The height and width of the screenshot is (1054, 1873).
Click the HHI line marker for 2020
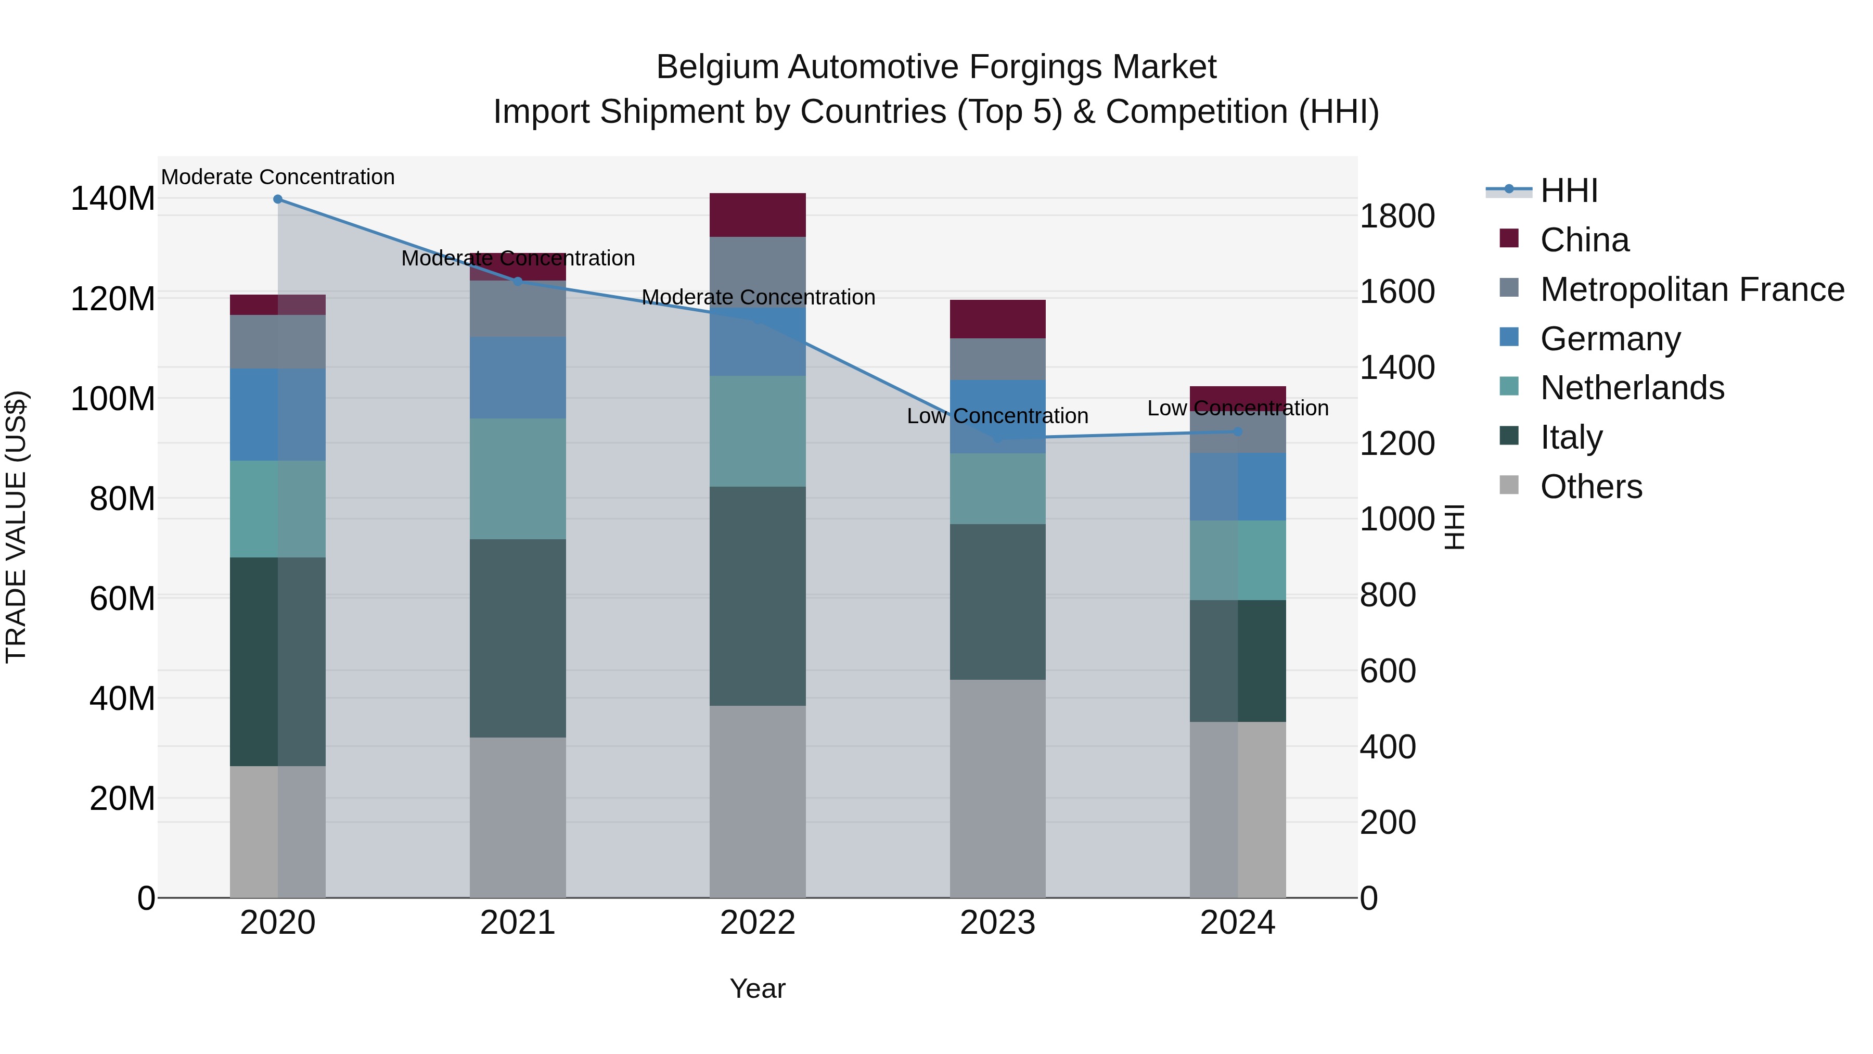click(x=278, y=199)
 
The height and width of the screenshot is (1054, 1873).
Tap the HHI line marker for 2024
click(x=1238, y=432)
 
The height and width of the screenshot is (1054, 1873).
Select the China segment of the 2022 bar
click(x=758, y=215)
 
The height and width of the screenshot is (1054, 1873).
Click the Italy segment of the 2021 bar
click(x=518, y=638)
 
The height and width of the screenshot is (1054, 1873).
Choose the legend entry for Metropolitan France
click(x=1692, y=289)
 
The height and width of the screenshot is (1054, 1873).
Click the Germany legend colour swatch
click(x=1509, y=337)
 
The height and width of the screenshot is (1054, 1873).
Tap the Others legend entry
click(x=1591, y=487)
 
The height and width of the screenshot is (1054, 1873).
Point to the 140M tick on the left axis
click(x=113, y=199)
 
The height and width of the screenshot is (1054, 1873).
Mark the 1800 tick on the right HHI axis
click(x=1397, y=216)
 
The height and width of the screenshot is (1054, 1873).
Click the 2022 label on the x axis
click(x=758, y=923)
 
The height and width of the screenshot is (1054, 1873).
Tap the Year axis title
click(x=758, y=988)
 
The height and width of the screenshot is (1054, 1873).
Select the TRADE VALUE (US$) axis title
click(x=16, y=527)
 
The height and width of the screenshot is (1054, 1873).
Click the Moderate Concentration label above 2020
click(x=278, y=177)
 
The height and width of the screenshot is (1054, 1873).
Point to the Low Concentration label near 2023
click(x=997, y=416)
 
